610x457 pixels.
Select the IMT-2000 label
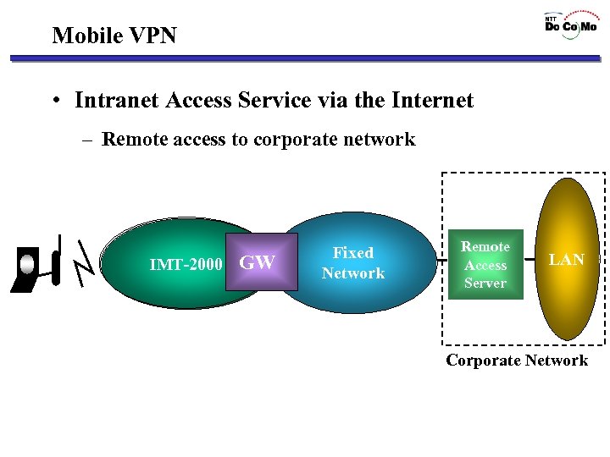186,265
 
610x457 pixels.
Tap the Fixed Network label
353,263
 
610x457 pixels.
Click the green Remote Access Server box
485,265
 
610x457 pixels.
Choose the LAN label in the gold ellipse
566,260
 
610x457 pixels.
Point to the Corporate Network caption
517,361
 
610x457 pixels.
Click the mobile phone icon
27,269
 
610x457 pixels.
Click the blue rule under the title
305,59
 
